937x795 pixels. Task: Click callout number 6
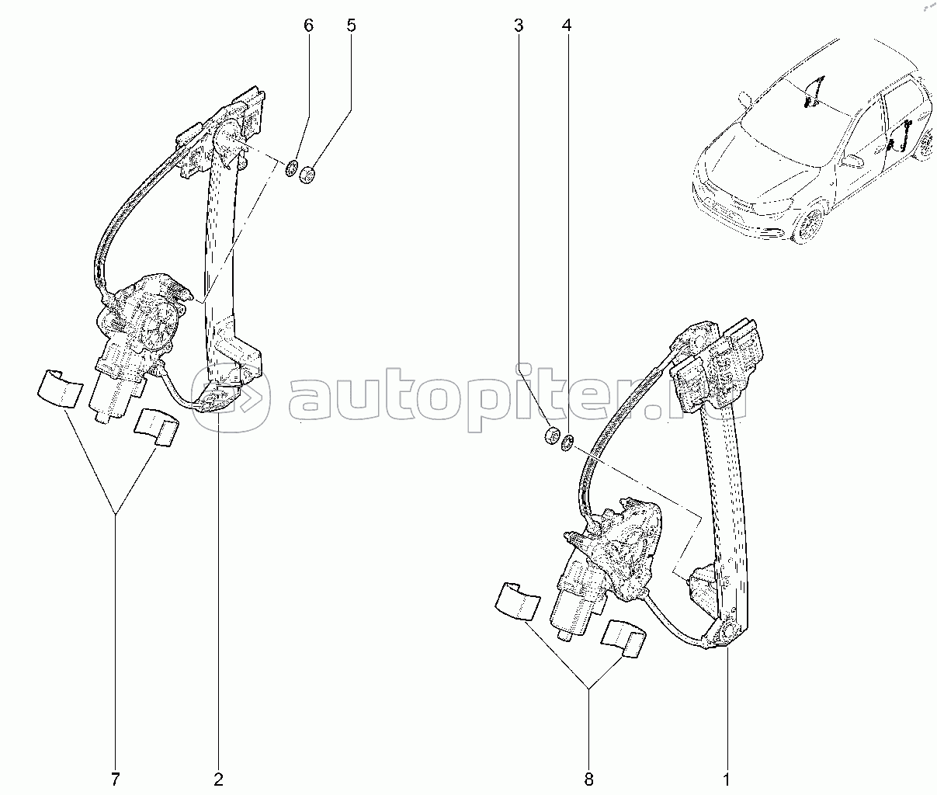point(308,26)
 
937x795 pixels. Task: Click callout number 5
point(351,26)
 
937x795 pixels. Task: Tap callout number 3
point(518,26)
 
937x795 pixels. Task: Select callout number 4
point(567,26)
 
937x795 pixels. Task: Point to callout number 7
point(116,777)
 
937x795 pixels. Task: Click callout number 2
point(218,777)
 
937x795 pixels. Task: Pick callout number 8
point(588,777)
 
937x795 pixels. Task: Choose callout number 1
point(727,777)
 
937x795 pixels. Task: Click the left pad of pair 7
point(58,387)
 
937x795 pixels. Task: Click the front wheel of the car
point(808,225)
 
